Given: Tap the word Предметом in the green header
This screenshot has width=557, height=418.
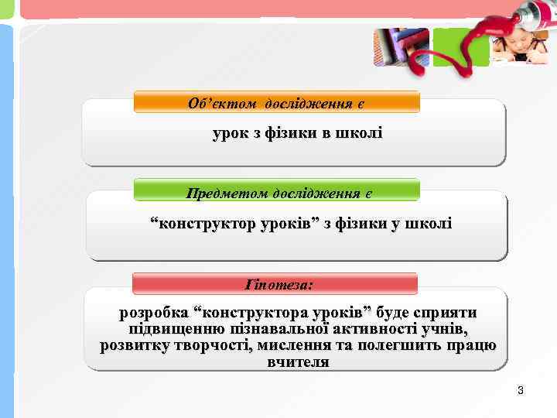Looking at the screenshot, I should click(x=224, y=191).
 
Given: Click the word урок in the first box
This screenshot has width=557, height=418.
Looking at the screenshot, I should click(x=230, y=133).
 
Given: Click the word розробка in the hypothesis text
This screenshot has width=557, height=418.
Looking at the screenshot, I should click(x=152, y=313).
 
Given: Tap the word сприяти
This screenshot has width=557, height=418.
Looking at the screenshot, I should click(x=446, y=313).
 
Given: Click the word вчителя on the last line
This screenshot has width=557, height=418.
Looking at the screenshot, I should click(x=298, y=361).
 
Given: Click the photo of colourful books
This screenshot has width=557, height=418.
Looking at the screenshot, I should click(x=399, y=47).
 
